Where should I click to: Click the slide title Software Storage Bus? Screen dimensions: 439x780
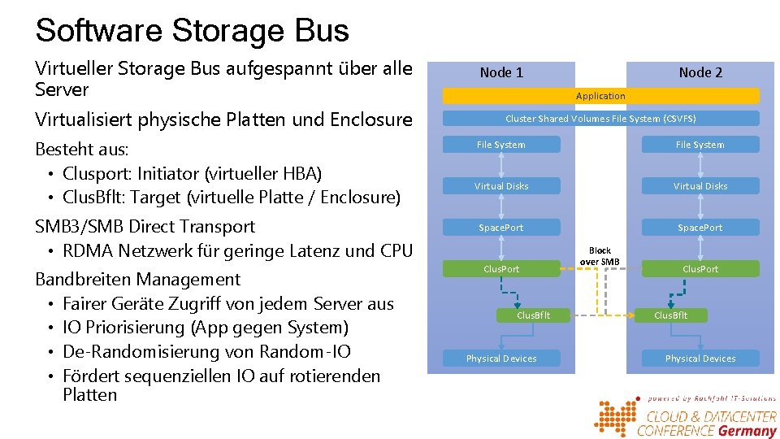(x=192, y=31)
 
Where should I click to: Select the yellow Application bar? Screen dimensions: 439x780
(x=600, y=96)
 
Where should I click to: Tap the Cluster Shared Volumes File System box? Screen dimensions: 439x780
(x=600, y=119)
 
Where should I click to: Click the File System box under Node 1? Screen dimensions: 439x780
(x=501, y=145)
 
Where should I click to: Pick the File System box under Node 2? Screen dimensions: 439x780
(x=700, y=145)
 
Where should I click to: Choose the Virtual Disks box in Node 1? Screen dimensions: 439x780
(x=501, y=186)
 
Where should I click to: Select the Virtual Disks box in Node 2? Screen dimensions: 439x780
(x=700, y=186)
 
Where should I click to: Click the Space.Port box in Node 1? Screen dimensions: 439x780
(x=501, y=228)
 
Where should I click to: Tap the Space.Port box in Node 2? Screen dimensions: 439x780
(x=700, y=228)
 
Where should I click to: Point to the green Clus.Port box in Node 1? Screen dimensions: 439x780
(x=501, y=269)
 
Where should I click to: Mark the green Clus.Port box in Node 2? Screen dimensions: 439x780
(x=700, y=269)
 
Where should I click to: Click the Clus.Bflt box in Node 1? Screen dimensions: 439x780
(x=533, y=315)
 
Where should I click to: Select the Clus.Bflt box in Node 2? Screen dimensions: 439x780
(x=670, y=315)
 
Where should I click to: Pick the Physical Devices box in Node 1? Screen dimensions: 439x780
(x=501, y=359)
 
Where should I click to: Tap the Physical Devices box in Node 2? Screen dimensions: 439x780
(x=700, y=359)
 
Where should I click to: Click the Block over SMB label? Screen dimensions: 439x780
(x=600, y=256)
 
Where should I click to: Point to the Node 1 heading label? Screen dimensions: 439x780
(x=501, y=72)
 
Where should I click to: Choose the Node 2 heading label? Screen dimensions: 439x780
(x=700, y=72)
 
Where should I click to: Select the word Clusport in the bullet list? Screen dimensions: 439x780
(x=93, y=173)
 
